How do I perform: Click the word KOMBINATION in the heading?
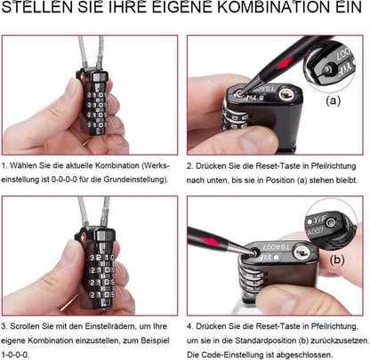point(273,6)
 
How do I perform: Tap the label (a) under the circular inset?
point(334,101)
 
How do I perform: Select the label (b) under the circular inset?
point(337,260)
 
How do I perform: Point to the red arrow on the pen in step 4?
point(211,240)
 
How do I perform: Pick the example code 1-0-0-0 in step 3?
point(15,355)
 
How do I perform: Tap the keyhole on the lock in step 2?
point(286,96)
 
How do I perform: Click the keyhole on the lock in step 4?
point(302,252)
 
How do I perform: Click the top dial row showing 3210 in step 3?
point(101,257)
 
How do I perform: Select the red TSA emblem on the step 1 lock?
point(82,76)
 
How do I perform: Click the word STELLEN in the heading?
point(36,6)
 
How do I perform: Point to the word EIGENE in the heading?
point(182,6)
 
